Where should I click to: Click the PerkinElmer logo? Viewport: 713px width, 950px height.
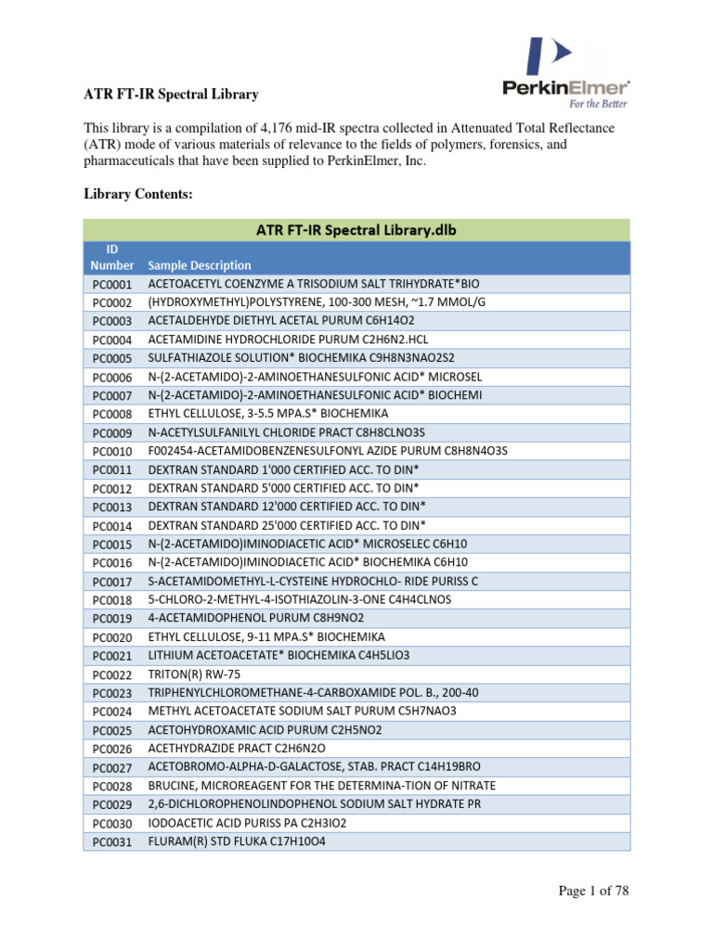click(566, 74)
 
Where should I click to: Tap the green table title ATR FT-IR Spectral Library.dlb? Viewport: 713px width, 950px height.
click(356, 229)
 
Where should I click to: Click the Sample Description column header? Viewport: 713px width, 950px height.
click(199, 264)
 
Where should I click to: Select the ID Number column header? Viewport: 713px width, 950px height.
click(112, 257)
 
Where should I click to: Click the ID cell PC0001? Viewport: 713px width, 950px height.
click(112, 284)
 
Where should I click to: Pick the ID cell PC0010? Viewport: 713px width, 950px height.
click(112, 451)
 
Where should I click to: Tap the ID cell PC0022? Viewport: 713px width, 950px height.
click(112, 674)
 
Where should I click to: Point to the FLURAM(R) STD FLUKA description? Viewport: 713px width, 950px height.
click(237, 842)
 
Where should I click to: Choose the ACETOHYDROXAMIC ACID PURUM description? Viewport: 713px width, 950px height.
click(265, 730)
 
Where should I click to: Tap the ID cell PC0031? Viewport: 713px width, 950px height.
click(112, 842)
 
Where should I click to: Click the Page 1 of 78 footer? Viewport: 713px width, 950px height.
click(593, 892)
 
